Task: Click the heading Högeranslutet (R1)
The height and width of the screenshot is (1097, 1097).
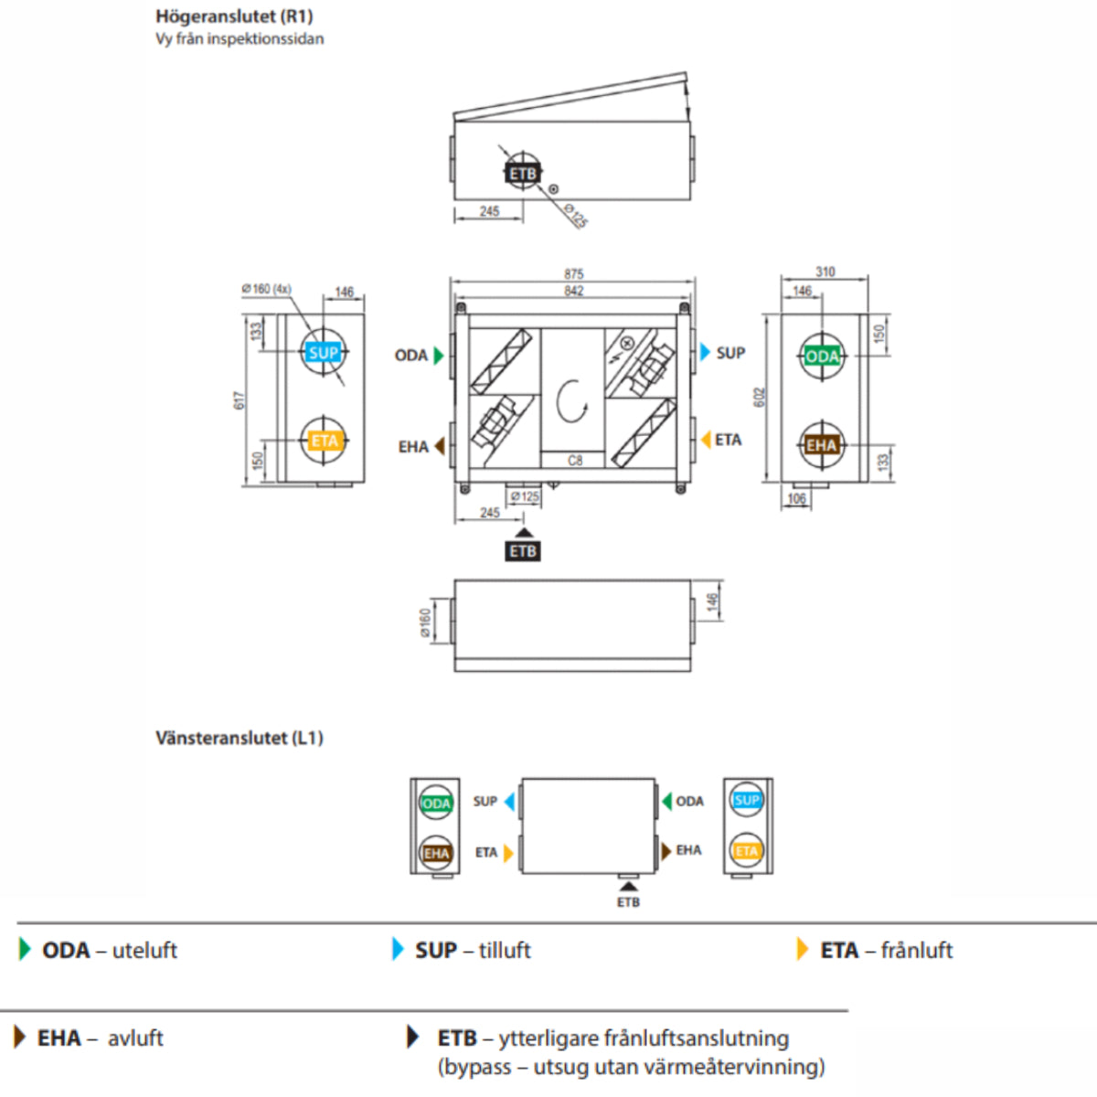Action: coord(234,16)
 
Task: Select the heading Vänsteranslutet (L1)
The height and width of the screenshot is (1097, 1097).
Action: coord(240,738)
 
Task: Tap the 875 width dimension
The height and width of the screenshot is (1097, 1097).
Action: coord(573,274)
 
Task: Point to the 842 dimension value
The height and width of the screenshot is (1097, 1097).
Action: coord(573,291)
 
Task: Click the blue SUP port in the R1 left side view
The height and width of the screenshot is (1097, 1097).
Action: coord(324,353)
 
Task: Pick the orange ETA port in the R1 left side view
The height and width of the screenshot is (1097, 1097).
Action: coord(324,442)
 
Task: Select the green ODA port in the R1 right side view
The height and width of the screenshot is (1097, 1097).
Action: coord(822,357)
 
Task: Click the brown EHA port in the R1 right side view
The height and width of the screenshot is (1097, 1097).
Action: coord(822,445)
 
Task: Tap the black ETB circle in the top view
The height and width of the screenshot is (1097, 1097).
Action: coord(523,174)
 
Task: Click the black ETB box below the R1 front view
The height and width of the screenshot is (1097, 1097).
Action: coord(523,551)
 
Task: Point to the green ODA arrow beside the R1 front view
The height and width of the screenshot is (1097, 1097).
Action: coord(439,356)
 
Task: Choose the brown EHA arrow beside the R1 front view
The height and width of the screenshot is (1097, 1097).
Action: coord(439,446)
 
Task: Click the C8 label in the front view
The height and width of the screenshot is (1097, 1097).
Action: coord(574,461)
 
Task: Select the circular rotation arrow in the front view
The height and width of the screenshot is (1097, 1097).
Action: coord(571,400)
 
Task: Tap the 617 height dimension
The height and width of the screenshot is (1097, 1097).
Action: coord(240,399)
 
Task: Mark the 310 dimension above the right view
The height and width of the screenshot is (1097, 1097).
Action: coord(825,272)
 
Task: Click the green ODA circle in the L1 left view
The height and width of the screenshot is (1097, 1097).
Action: coord(436,804)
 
